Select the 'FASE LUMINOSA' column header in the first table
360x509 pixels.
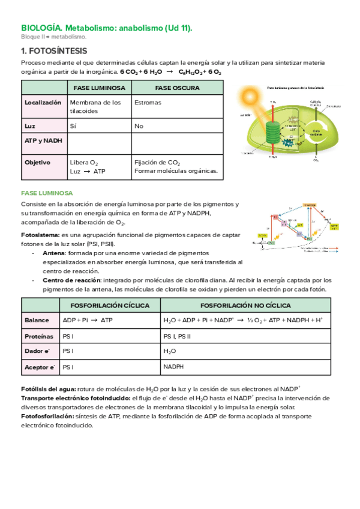[100, 88]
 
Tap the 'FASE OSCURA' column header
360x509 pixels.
[176, 88]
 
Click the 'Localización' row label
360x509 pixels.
[43, 103]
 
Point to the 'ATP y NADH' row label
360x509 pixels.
[42, 140]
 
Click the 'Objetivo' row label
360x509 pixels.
[37, 162]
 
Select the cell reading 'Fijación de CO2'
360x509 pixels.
[157, 163]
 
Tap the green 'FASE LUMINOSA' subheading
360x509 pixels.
[47, 193]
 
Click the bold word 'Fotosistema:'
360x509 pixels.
[40, 234]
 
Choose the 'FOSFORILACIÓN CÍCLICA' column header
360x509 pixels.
[110, 305]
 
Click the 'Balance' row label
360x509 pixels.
[37, 321]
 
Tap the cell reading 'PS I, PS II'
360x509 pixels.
[178, 336]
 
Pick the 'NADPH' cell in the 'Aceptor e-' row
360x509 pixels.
[173, 367]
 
